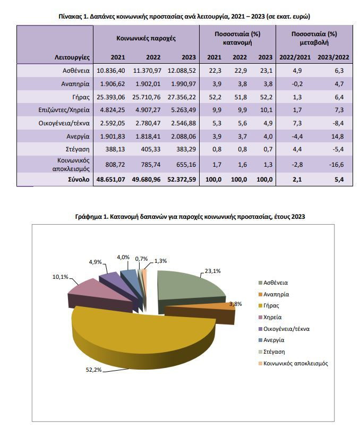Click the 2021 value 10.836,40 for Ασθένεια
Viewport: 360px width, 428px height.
[111, 71]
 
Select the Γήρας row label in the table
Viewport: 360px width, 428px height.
[81, 97]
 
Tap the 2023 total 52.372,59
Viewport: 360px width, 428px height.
[182, 179]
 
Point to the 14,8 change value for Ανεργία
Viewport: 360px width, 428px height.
[337, 136]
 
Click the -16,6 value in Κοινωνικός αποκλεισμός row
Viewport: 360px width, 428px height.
[336, 165]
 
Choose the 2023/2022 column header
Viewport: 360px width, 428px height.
[333, 57]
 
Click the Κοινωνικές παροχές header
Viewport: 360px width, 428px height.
[146, 38]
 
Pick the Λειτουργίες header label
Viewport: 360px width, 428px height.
[72, 57]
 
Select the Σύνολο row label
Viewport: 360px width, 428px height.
[79, 179]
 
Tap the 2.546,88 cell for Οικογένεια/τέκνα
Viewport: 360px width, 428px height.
[183, 123]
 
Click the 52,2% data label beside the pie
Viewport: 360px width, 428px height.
[93, 370]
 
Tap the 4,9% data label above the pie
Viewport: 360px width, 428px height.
[95, 262]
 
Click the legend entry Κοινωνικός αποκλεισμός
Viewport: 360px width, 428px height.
[293, 363]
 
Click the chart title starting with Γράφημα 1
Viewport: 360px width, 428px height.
[190, 217]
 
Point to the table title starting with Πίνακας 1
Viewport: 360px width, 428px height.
[184, 16]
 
